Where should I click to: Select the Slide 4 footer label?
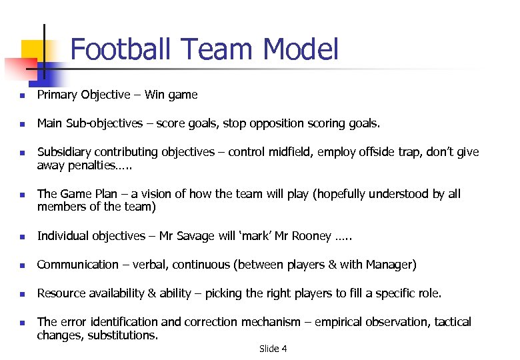[x=273, y=349]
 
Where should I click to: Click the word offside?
[x=377, y=152]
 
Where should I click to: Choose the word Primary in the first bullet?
[x=57, y=95]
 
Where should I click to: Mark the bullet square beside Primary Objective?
[x=22, y=95]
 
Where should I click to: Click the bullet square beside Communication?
[x=22, y=265]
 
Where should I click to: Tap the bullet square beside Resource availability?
[x=22, y=294]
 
